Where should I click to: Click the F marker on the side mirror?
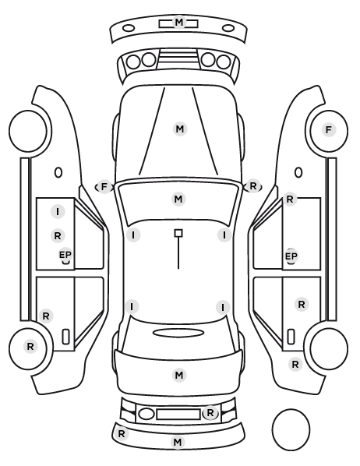(104, 187)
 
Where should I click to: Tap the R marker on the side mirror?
(253, 186)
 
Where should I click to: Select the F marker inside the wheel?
(329, 130)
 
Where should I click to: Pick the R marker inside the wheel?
(30, 347)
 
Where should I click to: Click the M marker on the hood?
(180, 129)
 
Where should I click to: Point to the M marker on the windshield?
(178, 199)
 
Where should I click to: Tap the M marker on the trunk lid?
(179, 375)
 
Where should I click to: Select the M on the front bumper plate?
(178, 23)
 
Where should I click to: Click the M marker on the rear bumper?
(177, 442)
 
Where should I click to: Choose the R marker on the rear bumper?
(122, 433)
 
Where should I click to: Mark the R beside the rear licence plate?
(210, 413)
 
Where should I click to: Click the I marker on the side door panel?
(58, 212)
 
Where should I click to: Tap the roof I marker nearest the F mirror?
(133, 235)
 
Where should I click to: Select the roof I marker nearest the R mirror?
(224, 235)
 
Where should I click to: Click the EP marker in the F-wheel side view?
(291, 256)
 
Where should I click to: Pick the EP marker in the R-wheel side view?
(65, 255)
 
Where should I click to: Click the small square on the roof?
(178, 233)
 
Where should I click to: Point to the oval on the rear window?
(178, 333)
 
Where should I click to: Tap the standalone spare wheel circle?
(291, 429)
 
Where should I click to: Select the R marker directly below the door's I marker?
(58, 236)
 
